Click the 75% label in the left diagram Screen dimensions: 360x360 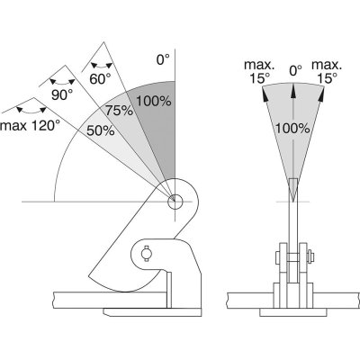coord(119,111)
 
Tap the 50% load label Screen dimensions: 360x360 coord(101,130)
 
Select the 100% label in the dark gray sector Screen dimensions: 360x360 coord(154,101)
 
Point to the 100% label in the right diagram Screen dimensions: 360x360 coord(292,129)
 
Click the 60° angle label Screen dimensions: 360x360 coord(100,79)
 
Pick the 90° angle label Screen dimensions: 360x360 coord(62,94)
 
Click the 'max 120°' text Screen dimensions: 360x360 coord(29,126)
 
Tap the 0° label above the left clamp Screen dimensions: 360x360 coord(163,59)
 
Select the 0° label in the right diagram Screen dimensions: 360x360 coord(295,71)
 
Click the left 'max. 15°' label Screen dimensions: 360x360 coord(259,72)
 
